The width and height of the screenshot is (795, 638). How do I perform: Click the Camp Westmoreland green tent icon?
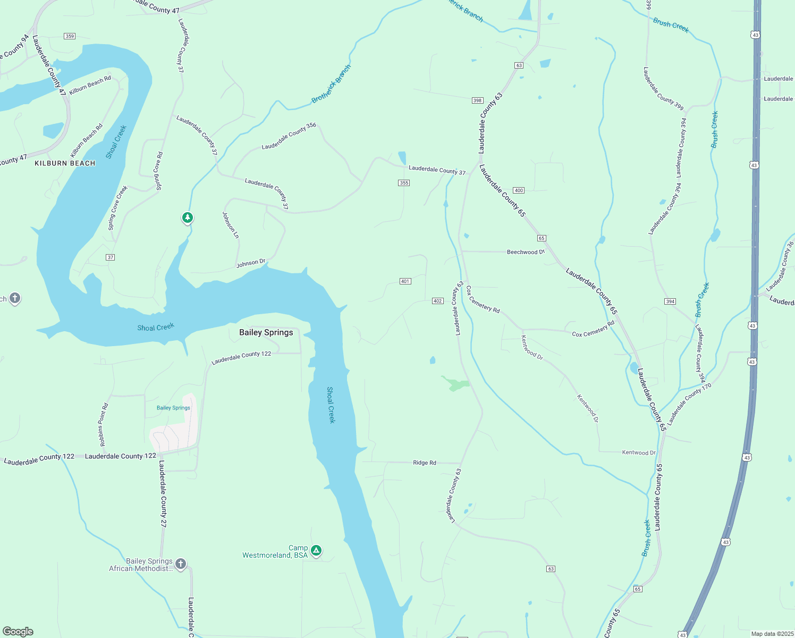[316, 551]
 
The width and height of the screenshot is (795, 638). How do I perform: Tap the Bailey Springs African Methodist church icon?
[181, 564]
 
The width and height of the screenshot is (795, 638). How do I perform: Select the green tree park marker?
[187, 217]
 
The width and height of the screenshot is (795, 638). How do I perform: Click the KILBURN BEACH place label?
[65, 163]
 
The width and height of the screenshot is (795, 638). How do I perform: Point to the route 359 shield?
[69, 36]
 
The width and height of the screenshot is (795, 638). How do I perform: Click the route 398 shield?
[477, 100]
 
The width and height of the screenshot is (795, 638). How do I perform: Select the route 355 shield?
[404, 183]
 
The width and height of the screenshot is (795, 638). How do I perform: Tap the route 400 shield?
[519, 190]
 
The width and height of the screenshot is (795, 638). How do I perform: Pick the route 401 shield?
[405, 281]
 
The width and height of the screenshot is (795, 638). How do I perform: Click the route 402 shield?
[437, 301]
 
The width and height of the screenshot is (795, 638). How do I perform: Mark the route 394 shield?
[670, 301]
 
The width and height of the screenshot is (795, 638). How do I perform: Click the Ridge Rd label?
[424, 463]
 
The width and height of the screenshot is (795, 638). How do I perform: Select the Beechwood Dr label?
[526, 252]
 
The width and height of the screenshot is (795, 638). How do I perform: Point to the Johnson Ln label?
[231, 225]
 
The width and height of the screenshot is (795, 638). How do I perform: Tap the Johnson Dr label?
[251, 263]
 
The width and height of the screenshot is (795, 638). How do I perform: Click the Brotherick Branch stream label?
[331, 84]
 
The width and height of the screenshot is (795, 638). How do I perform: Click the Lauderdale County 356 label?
[289, 136]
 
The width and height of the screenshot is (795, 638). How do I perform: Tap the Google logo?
[18, 631]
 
